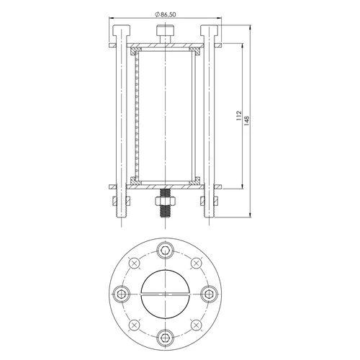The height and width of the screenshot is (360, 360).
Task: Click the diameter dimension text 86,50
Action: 169,14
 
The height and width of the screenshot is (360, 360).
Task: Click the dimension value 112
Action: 238,115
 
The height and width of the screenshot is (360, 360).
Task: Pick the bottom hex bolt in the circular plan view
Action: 165,336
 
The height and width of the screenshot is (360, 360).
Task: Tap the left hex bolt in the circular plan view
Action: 122,293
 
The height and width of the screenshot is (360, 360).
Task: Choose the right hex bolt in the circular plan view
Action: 208,293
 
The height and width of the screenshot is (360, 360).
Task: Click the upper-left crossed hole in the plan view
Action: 134,264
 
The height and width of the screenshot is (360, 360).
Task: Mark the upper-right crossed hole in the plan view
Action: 196,264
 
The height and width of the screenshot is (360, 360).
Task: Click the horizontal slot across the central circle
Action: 165,293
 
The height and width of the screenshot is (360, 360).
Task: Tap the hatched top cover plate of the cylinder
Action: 164,48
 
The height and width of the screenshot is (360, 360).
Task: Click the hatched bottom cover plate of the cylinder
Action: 164,182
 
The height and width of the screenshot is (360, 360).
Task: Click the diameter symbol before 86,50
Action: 157,14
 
